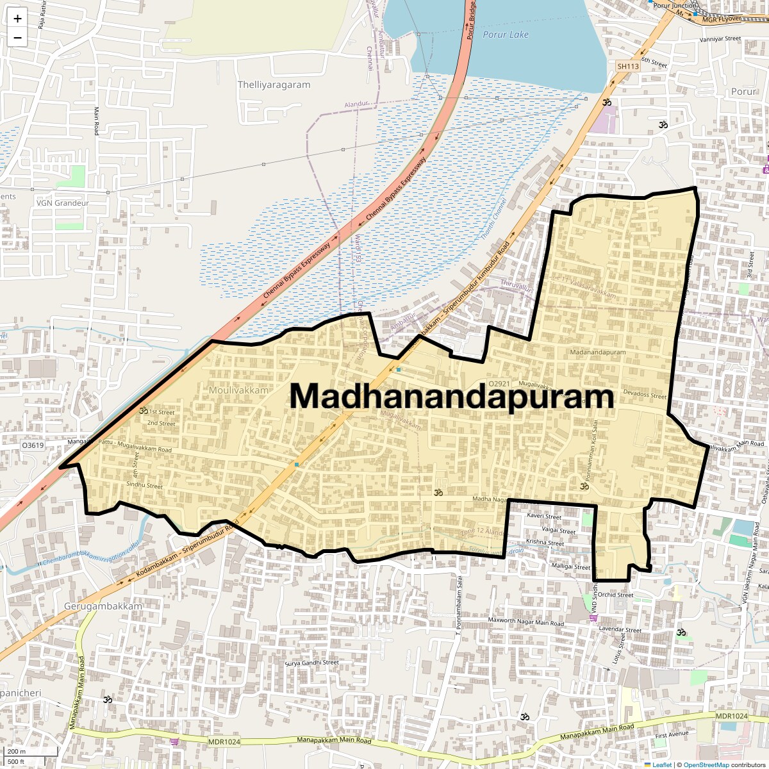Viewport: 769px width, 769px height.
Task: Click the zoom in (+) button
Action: [17, 19]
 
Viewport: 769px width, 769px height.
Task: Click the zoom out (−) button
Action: [17, 38]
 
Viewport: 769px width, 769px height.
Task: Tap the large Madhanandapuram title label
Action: [452, 396]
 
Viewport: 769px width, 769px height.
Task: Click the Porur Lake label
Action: [506, 35]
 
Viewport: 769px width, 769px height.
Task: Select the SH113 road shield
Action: [628, 66]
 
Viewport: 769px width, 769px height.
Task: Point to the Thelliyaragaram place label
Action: [274, 85]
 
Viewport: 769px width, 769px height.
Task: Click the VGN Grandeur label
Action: [62, 203]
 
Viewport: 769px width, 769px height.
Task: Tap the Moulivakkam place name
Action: [239, 390]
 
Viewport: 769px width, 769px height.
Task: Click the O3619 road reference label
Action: [33, 445]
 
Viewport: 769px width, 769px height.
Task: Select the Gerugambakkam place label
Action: [103, 606]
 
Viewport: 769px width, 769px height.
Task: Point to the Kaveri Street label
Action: [544, 516]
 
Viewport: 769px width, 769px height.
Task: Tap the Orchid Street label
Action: [615, 595]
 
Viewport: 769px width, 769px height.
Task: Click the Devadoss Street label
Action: [645, 394]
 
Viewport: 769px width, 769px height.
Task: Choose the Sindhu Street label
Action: [145, 486]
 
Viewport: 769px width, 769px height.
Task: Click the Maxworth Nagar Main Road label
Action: [526, 622]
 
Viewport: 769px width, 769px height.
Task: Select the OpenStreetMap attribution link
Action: [706, 765]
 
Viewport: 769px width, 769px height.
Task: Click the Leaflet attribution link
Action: [662, 765]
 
